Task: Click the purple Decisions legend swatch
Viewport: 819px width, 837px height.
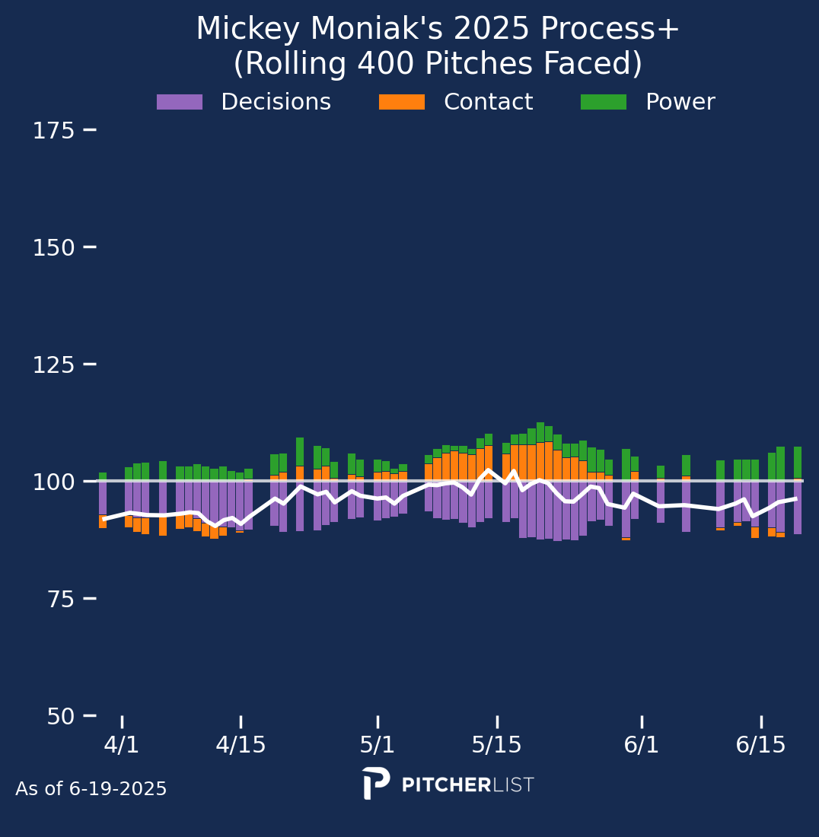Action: (180, 102)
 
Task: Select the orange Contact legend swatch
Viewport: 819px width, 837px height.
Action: (401, 102)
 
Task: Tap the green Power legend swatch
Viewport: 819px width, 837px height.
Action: (604, 102)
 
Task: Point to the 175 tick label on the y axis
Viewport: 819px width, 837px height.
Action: (53, 131)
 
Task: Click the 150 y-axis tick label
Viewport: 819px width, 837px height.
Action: (53, 248)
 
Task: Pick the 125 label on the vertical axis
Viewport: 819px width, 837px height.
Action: (53, 365)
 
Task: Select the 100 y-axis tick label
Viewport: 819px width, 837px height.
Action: (53, 482)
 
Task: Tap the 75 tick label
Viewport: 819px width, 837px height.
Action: (60, 600)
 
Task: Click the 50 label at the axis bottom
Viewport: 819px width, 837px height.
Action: (60, 716)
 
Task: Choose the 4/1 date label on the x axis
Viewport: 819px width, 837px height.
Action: (122, 745)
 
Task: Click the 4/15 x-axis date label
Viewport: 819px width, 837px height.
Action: (241, 745)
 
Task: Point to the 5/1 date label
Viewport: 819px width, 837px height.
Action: (378, 745)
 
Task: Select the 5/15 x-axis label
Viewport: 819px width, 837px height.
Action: (496, 745)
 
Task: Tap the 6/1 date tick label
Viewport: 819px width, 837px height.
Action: (641, 745)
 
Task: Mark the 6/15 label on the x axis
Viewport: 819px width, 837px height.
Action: (761, 745)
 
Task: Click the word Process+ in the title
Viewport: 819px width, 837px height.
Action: (610, 28)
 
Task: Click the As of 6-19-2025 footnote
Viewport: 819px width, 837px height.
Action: (91, 788)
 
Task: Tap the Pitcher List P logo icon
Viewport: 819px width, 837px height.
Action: (376, 783)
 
